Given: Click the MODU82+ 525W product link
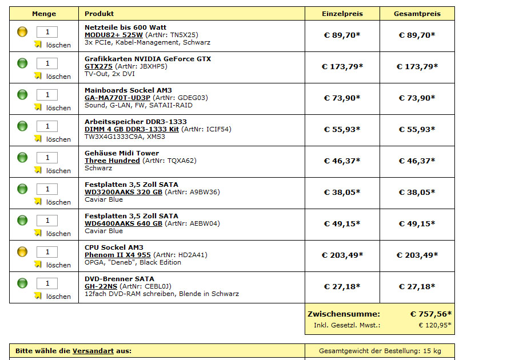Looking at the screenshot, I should pos(114,35).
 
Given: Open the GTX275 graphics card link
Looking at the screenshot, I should pos(98,66).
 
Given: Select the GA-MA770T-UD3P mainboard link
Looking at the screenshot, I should pos(117,98).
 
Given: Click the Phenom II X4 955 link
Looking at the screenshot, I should pos(118,255).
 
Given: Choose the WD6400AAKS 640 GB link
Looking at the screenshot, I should pos(123,223).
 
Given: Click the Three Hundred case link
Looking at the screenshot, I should pos(112,161).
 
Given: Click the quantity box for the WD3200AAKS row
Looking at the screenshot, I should pos(47,189).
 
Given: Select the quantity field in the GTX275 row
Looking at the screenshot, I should pos(47,63).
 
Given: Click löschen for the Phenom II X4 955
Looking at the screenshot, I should pos(58,265).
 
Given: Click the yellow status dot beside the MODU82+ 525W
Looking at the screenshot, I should pos(22,32).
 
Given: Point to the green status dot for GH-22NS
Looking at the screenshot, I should pos(22,283).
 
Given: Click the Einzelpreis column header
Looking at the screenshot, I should pos(342,14).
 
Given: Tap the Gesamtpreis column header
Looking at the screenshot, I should pos(417,14).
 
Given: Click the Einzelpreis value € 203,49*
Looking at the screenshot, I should pos(342,255).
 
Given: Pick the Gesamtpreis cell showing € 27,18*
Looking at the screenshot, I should pos(417,287).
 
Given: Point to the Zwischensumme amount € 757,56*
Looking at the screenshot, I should pos(430,314).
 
